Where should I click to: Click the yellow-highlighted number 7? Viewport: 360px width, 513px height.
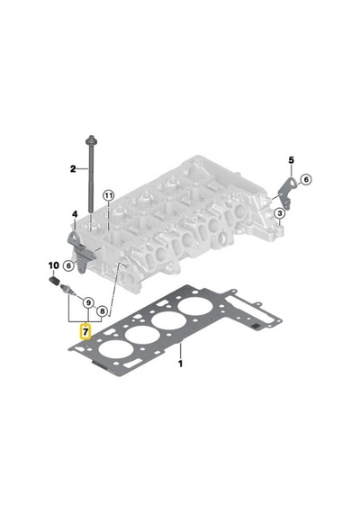[x=85, y=332]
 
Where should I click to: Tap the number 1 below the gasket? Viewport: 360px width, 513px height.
[x=180, y=364]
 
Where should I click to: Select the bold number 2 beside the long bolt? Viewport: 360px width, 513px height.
[x=73, y=169]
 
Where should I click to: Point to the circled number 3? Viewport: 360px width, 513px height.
[x=279, y=213]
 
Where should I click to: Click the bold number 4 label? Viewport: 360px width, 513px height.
[x=75, y=214]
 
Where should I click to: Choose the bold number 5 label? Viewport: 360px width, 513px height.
[x=292, y=160]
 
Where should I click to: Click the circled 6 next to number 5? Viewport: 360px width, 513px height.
[x=306, y=179]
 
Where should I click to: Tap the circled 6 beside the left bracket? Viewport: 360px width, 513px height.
[x=68, y=265]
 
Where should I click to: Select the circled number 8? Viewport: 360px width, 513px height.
[x=102, y=310]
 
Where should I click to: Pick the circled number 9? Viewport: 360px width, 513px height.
[x=88, y=303]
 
